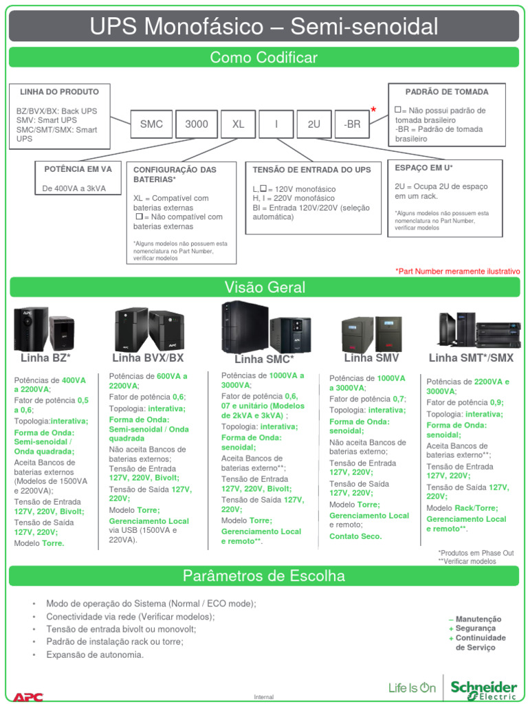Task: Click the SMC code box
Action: (x=151, y=124)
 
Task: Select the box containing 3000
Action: (x=197, y=124)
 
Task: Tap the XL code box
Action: (x=238, y=124)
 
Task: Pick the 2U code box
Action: (x=313, y=124)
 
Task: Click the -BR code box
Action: (x=351, y=124)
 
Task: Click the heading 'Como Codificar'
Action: (x=264, y=58)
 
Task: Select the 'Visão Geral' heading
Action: (x=264, y=287)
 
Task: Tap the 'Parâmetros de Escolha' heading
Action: (x=264, y=575)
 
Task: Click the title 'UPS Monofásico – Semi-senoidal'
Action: (x=264, y=27)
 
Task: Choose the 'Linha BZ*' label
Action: (x=46, y=358)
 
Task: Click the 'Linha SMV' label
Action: (x=371, y=358)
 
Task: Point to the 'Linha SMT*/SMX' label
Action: (x=471, y=358)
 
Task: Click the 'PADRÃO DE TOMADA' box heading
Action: (x=447, y=91)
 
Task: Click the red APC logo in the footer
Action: (x=28, y=696)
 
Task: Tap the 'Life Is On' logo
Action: (x=412, y=687)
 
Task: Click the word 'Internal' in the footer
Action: (x=264, y=697)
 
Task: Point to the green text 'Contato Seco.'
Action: (x=355, y=536)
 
